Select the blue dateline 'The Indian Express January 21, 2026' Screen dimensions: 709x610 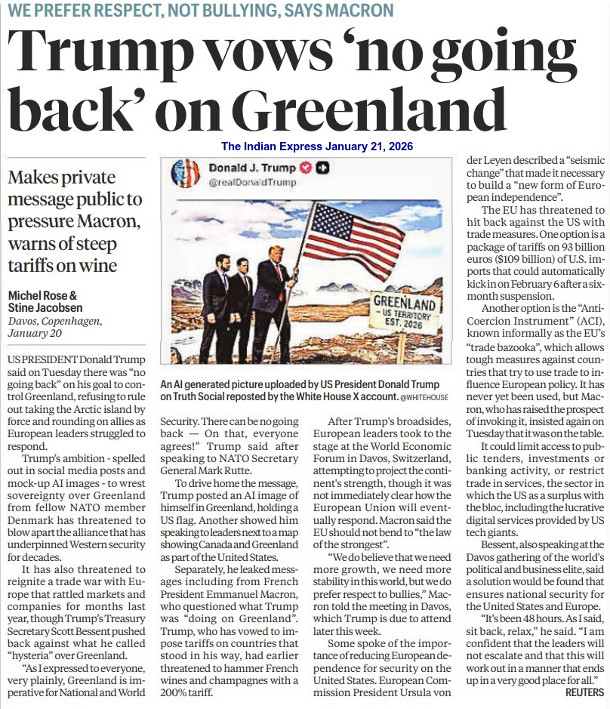[317, 146]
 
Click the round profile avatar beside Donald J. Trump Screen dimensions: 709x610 [185, 174]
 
